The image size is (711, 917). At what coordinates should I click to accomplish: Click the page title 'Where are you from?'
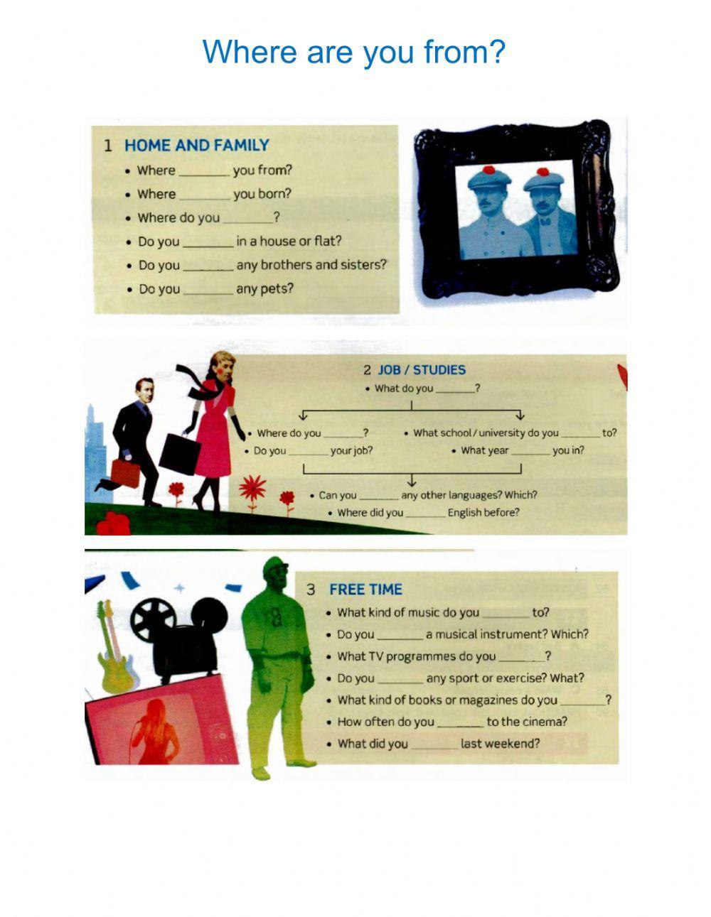(x=353, y=53)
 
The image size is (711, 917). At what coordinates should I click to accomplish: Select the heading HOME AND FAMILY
(x=196, y=146)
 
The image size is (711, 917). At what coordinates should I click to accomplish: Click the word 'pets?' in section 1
(x=276, y=289)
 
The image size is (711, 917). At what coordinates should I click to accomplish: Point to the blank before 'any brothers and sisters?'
(x=208, y=266)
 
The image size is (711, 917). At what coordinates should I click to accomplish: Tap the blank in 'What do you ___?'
(x=454, y=389)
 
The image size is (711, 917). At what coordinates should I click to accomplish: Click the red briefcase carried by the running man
(x=125, y=473)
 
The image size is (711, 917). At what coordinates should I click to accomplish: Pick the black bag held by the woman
(x=179, y=453)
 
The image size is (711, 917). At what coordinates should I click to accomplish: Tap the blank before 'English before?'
(x=425, y=513)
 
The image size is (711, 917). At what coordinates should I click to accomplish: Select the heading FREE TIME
(x=365, y=590)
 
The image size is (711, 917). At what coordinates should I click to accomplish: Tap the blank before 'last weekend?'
(x=434, y=744)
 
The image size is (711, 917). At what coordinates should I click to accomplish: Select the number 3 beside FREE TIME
(x=311, y=590)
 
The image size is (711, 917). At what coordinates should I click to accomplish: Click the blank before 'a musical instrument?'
(x=400, y=635)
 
